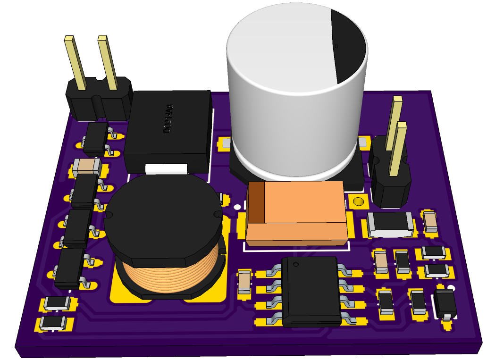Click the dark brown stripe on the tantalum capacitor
pyautogui.click(x=256, y=203)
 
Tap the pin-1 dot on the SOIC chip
pyautogui.click(x=296, y=264)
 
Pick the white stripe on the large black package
pyautogui.click(x=166, y=168)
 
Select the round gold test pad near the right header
pyautogui.click(x=358, y=202)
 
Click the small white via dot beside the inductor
pyautogui.click(x=236, y=206)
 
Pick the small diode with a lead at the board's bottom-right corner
pyautogui.click(x=445, y=304)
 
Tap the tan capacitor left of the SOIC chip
pyautogui.click(x=244, y=282)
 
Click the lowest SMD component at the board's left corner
pyautogui.click(x=52, y=323)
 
